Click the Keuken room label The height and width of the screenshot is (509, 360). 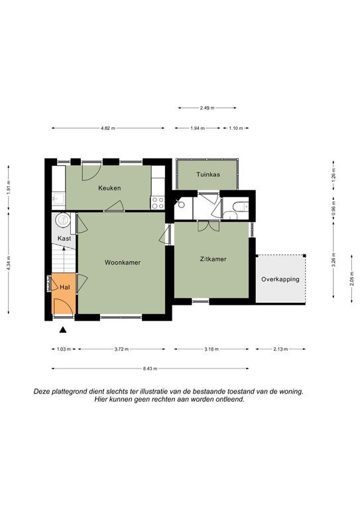pyautogui.click(x=109, y=188)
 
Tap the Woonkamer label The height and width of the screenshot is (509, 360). pyautogui.click(x=123, y=262)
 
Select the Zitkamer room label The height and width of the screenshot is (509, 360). pyautogui.click(x=213, y=259)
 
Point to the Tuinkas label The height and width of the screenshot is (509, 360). pyautogui.click(x=208, y=174)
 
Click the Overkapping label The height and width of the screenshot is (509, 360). pyautogui.click(x=280, y=279)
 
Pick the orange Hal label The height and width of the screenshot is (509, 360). pyautogui.click(x=64, y=287)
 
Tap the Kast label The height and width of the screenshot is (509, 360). pyautogui.click(x=64, y=239)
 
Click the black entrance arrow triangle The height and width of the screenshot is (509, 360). pyautogui.click(x=63, y=330)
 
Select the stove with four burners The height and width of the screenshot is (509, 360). pyautogui.click(x=158, y=203)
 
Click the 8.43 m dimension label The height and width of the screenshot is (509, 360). pyautogui.click(x=150, y=368)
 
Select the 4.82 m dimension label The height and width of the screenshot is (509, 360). pyautogui.click(x=108, y=128)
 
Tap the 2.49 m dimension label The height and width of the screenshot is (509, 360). pyautogui.click(x=207, y=108)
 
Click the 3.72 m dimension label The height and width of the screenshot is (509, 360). pyautogui.click(x=121, y=349)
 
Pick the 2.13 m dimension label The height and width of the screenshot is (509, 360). pyautogui.click(x=280, y=349)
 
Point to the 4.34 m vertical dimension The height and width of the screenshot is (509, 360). pyautogui.click(x=9, y=263)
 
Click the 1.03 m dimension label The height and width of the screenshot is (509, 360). pyautogui.click(x=64, y=349)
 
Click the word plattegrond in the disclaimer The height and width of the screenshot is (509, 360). pyautogui.click(x=66, y=392)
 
